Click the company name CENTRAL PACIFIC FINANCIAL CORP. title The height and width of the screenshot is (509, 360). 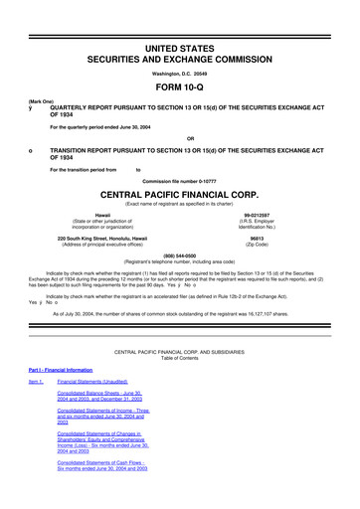click(x=180, y=194)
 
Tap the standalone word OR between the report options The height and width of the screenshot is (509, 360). click(x=180, y=138)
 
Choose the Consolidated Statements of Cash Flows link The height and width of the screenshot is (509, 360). click(x=105, y=494)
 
